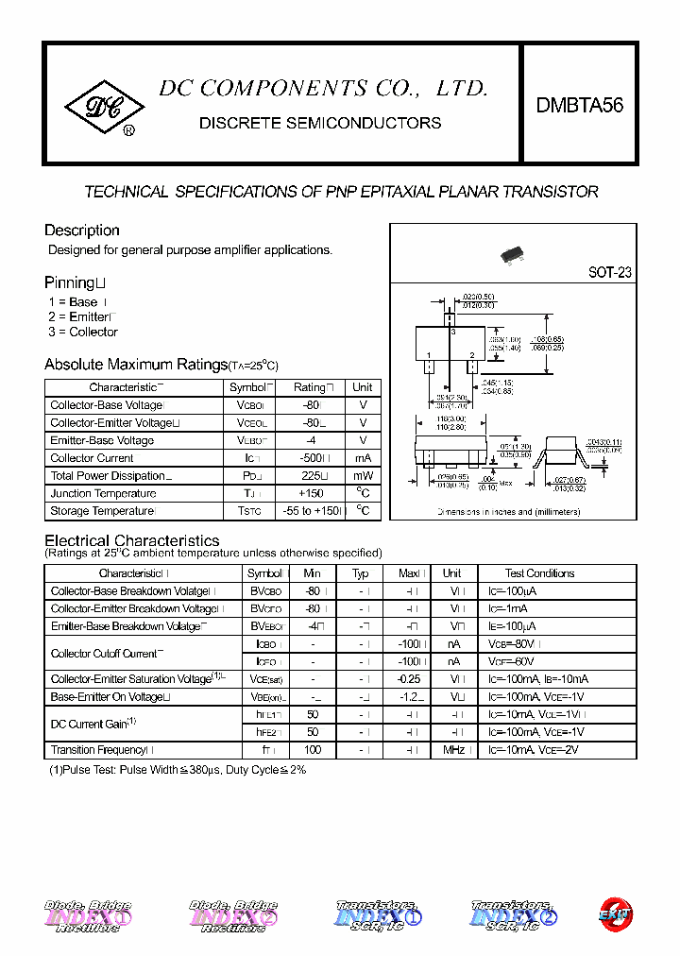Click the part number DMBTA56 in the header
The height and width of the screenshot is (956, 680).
(x=580, y=106)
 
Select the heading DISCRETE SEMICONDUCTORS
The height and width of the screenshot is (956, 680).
(x=320, y=123)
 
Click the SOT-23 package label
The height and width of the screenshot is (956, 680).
(x=610, y=272)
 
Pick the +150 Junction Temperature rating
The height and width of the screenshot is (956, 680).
(x=311, y=493)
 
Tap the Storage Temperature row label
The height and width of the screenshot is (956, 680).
(x=102, y=511)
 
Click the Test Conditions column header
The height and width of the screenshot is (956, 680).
(x=539, y=573)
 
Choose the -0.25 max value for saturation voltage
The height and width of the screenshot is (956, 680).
(x=408, y=679)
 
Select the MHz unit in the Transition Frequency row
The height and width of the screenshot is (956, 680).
(x=452, y=750)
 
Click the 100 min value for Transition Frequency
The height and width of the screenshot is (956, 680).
(x=313, y=750)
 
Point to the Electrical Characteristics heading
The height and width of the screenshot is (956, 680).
(x=132, y=540)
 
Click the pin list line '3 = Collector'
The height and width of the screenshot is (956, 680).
(x=83, y=333)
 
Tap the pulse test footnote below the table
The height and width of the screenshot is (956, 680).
(x=178, y=770)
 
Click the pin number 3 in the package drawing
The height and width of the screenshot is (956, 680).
(x=452, y=333)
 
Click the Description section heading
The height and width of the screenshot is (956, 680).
(x=82, y=230)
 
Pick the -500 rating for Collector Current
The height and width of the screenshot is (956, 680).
(x=311, y=458)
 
